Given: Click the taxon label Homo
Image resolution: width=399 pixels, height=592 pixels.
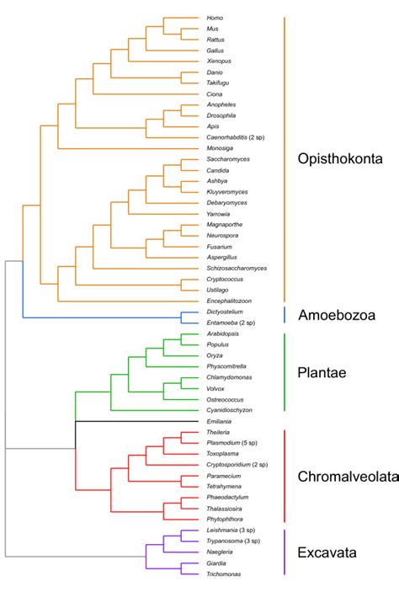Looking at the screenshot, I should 215,18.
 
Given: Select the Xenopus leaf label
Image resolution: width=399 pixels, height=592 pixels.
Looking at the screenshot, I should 219,61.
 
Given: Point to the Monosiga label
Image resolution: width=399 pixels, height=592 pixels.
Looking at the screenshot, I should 220,147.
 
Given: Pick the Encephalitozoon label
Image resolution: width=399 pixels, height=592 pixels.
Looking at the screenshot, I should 229,301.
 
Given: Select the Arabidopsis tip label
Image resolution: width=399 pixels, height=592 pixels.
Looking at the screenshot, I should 223,333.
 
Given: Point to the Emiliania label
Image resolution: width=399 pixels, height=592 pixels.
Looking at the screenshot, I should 221,421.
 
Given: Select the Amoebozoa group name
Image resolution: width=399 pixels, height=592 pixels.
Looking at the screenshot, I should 336,315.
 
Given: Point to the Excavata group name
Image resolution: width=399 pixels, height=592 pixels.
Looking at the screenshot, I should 327,552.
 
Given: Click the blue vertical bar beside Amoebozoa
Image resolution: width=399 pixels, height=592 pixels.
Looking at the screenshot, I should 285,314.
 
